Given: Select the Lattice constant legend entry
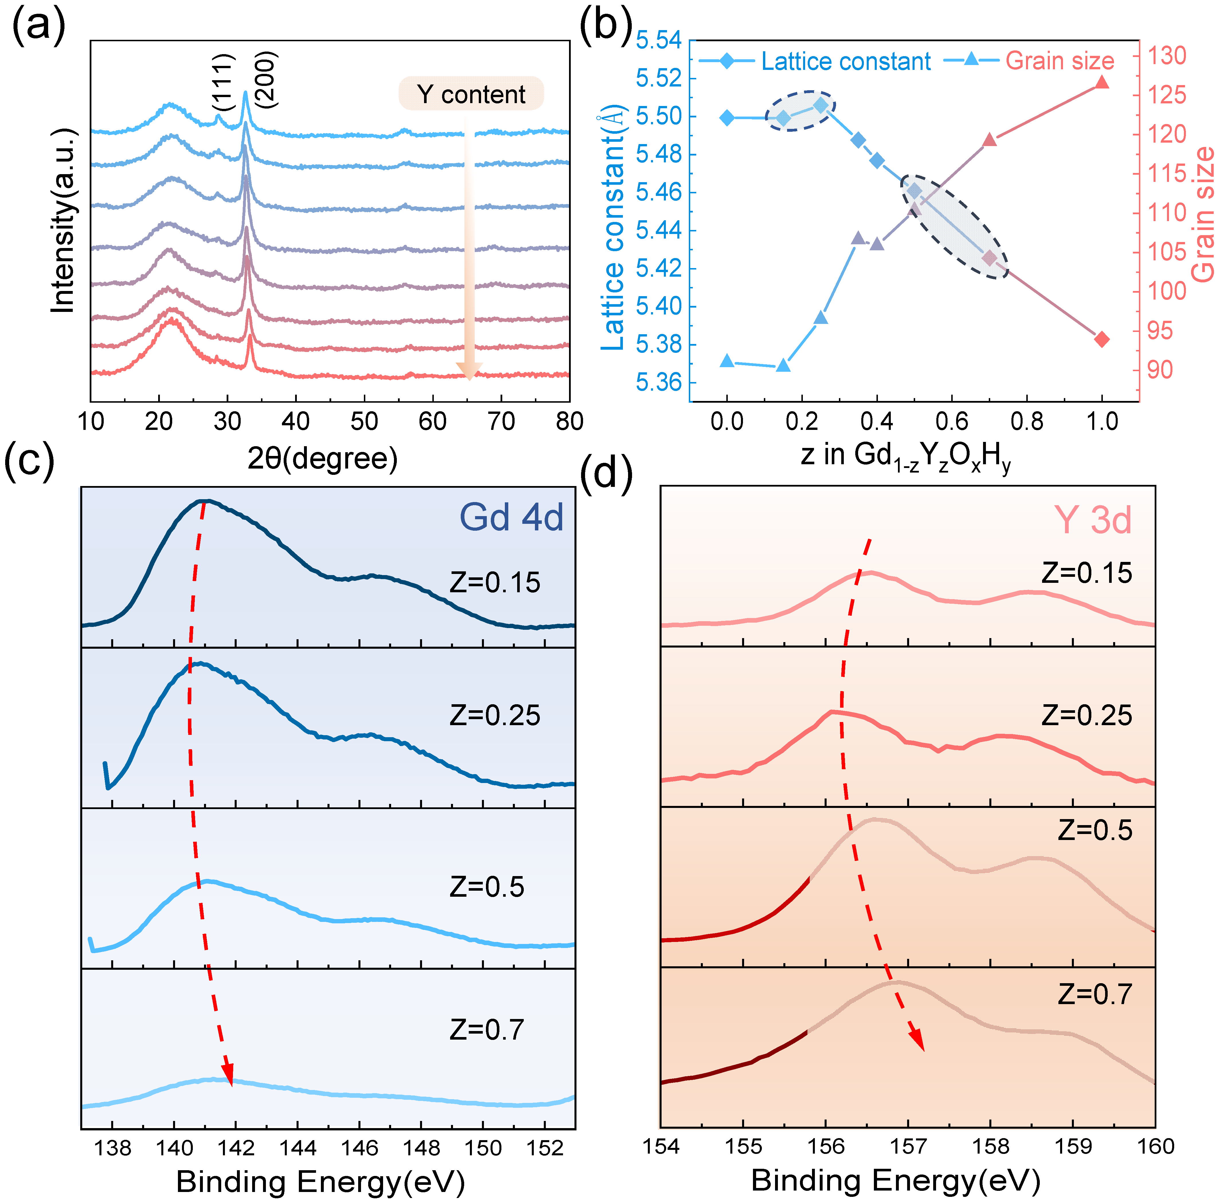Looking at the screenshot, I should pyautogui.click(x=815, y=61).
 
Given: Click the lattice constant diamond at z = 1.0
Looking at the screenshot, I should pyautogui.click(x=1102, y=340).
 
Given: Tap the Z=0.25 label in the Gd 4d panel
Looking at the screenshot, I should pyautogui.click(x=495, y=715).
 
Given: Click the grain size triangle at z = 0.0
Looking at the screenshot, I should pyautogui.click(x=727, y=361).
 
